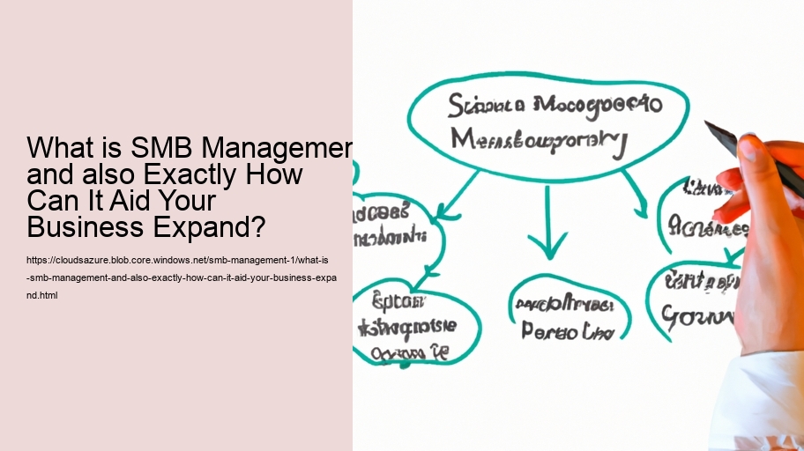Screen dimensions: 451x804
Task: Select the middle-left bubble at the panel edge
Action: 392,225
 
